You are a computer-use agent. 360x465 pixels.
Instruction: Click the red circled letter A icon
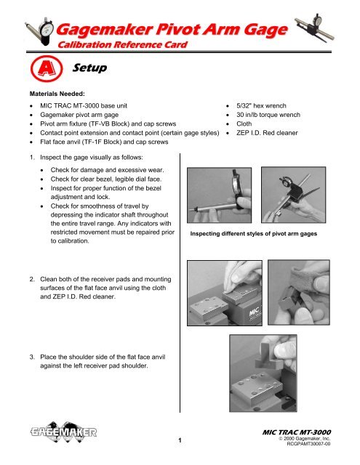[47, 68]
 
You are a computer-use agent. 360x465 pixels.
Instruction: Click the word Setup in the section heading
[89, 68]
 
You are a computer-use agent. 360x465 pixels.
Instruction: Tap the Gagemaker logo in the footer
[63, 432]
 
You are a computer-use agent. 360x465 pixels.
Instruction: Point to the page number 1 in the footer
[180, 440]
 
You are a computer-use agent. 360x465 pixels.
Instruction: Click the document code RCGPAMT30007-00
[308, 444]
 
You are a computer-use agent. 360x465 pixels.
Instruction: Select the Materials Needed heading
[57, 94]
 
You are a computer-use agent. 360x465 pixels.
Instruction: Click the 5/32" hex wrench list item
[261, 105]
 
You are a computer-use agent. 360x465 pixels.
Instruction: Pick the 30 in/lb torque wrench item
[268, 115]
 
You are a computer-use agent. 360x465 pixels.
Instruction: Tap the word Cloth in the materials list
[244, 124]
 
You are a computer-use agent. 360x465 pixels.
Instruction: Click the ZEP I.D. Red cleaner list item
[267, 133]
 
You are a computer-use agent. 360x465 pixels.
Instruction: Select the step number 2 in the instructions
[32, 279]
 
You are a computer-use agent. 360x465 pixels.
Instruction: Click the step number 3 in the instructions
[32, 357]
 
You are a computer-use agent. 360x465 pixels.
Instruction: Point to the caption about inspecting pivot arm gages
[253, 234]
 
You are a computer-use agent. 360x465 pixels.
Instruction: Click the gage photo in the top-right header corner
[315, 28]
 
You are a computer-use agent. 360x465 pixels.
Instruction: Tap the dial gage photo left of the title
[40, 31]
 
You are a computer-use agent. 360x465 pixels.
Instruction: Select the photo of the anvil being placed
[263, 373]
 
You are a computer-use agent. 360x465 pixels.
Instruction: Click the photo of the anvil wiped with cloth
[299, 292]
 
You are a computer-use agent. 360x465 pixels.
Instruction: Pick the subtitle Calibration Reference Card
[123, 45]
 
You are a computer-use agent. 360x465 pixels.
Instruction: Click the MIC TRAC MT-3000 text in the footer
[297, 432]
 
